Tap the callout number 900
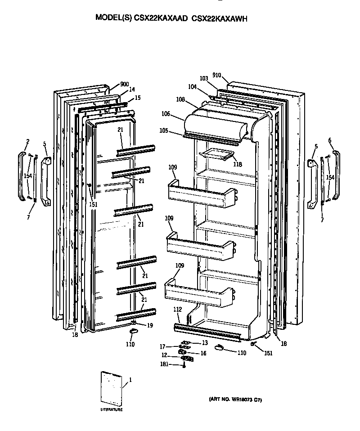coord(125,84)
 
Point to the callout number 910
coord(216,75)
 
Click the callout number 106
coord(166,114)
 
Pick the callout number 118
coord(237,165)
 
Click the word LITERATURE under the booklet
coord(111,410)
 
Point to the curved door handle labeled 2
coord(22,177)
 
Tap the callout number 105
coord(163,131)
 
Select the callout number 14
coord(132,89)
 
